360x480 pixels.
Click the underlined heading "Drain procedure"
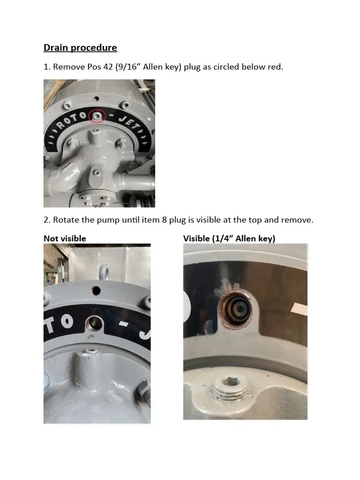[x=80, y=48]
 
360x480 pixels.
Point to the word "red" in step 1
[x=275, y=67]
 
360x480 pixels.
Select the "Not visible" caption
[x=65, y=239]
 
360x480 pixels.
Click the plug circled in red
[x=97, y=115]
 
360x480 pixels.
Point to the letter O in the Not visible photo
[x=67, y=322]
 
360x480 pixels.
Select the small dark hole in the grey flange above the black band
[x=96, y=291]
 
